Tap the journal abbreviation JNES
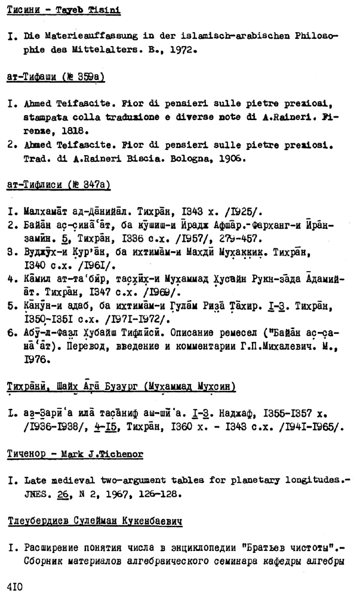click(x=35, y=494)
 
